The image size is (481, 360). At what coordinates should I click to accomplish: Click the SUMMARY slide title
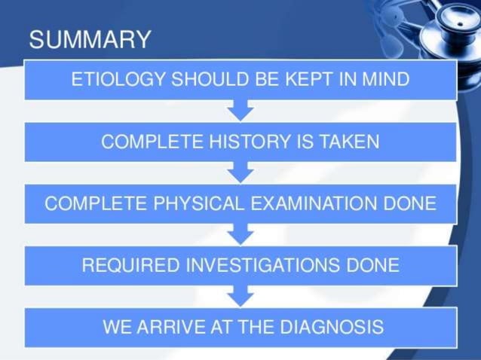pos(90,38)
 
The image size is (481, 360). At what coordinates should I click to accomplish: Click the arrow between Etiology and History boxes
pos(240,111)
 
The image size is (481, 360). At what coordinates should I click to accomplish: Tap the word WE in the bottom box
pos(118,328)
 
